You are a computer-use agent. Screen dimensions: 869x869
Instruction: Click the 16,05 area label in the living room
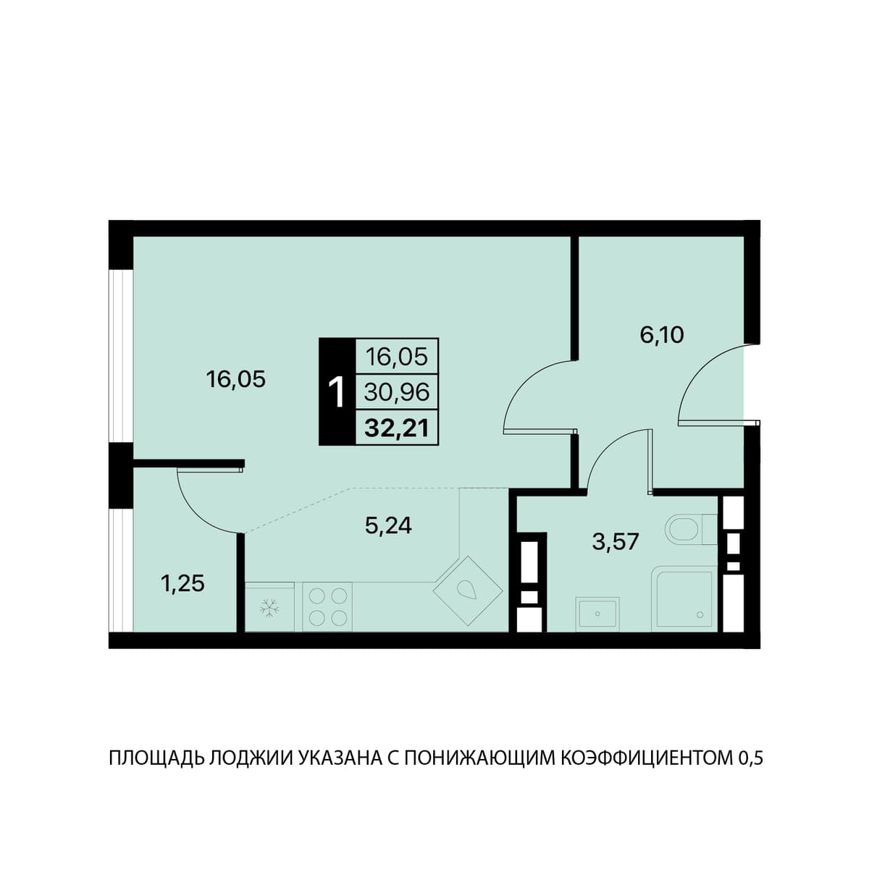(x=235, y=379)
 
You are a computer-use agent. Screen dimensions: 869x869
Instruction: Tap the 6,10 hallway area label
(x=662, y=335)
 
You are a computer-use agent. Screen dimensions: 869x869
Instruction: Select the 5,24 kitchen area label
(x=388, y=525)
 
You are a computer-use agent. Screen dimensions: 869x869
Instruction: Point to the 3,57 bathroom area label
(x=616, y=542)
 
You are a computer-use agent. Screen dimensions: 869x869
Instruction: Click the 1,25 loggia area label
(x=182, y=583)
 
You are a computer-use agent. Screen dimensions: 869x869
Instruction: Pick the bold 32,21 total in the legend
(x=396, y=428)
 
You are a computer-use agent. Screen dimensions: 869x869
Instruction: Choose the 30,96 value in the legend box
(x=396, y=392)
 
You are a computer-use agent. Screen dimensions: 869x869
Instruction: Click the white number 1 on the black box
(x=337, y=393)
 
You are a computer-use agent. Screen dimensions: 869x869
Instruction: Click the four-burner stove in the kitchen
(x=327, y=606)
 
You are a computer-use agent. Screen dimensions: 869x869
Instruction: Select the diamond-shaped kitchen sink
(x=468, y=590)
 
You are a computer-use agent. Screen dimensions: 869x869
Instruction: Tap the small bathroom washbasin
(x=597, y=614)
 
